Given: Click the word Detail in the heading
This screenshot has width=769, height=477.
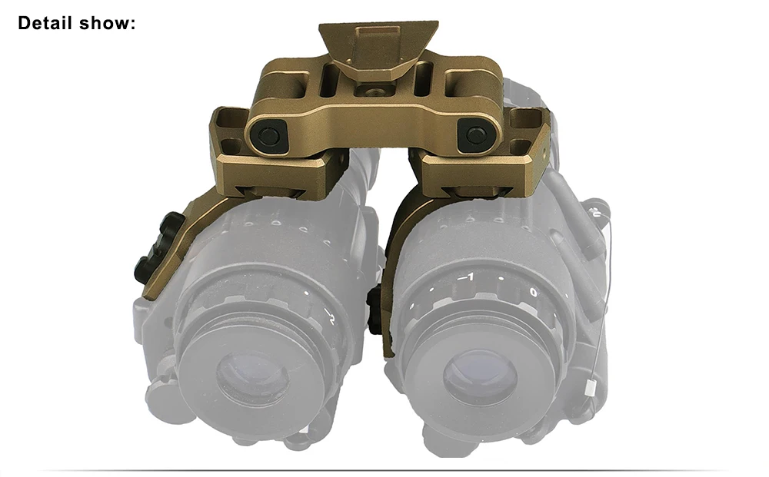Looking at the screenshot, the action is point(45,23).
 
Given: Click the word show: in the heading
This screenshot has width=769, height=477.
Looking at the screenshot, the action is point(107,23).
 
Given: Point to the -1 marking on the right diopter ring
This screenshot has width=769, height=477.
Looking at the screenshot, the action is point(467,277).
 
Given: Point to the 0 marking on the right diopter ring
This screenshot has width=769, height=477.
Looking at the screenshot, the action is point(534,293).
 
